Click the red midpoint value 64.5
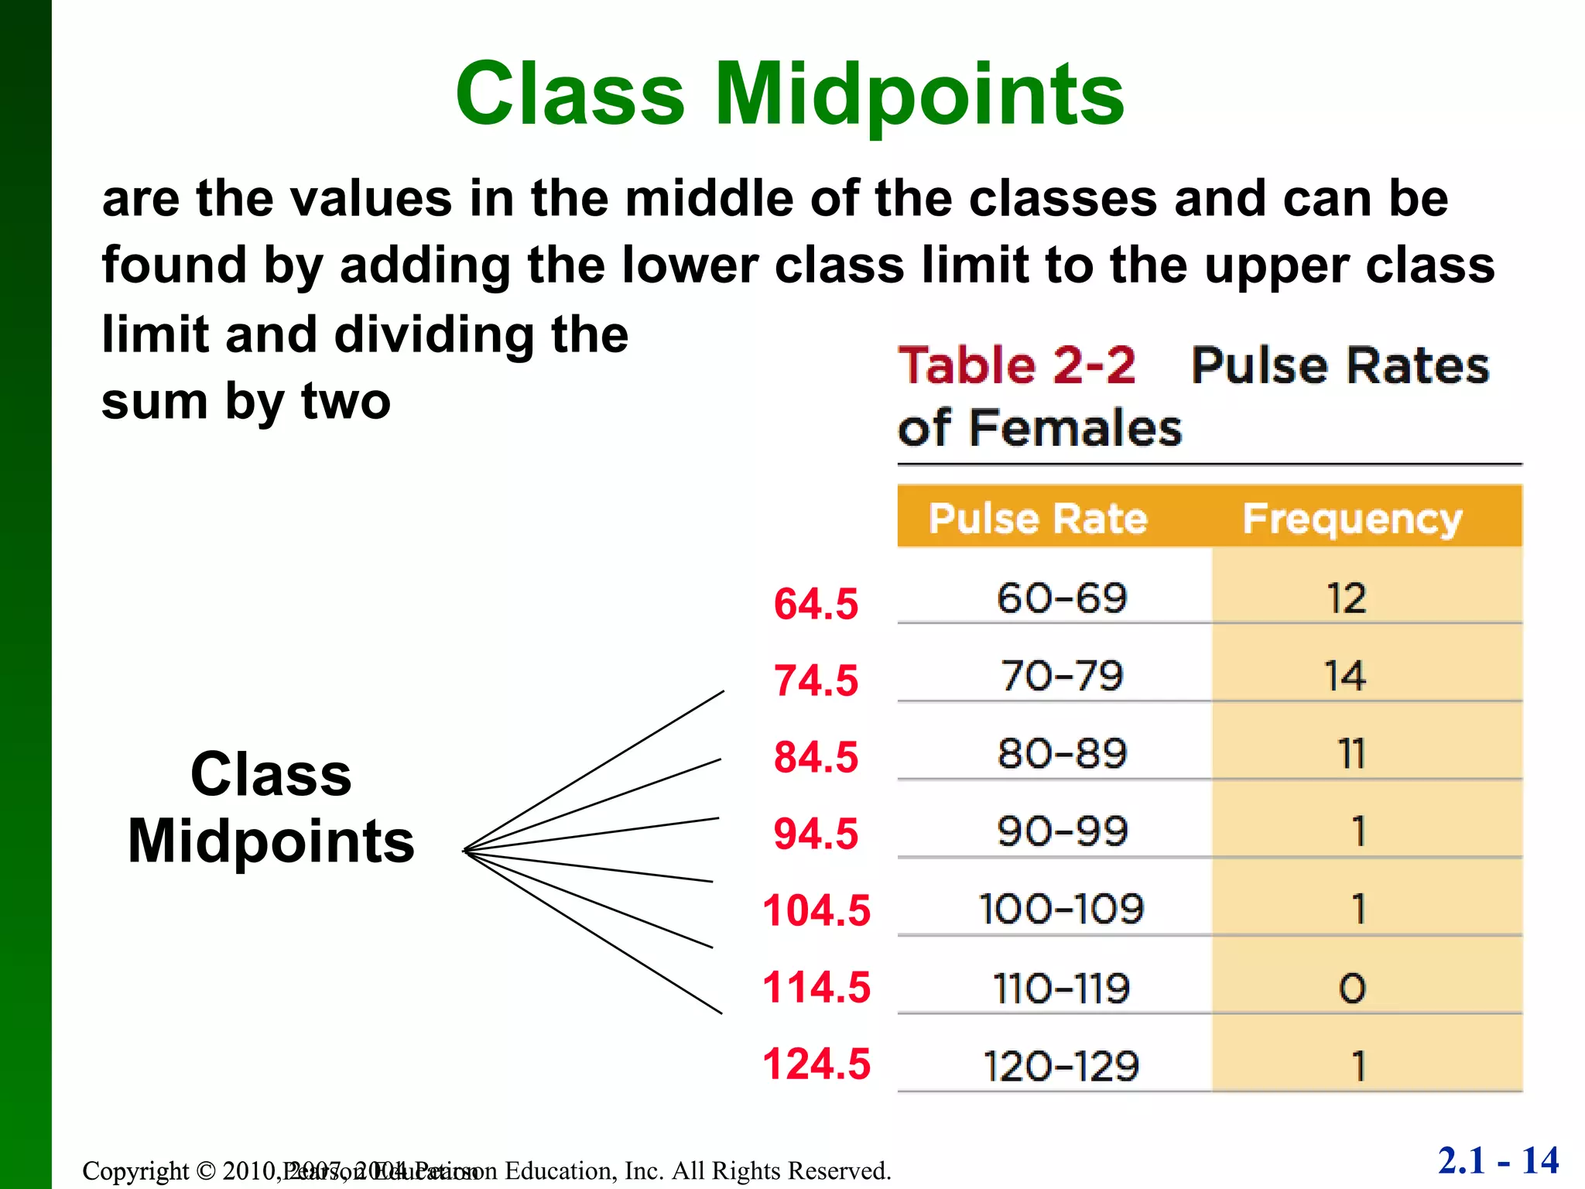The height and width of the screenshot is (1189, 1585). coord(816,604)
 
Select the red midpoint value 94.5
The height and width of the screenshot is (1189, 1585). coord(816,834)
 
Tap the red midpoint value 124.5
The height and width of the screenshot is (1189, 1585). coord(816,1064)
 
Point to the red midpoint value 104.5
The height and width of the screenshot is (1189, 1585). coord(816,910)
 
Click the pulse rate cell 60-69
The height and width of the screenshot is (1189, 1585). coord(1061,598)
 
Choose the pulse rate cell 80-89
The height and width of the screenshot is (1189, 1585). coord(1061,754)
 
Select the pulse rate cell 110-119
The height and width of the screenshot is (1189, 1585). coord(1061,989)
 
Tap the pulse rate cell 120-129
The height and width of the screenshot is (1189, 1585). coord(1061,1066)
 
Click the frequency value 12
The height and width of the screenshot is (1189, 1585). coord(1347,598)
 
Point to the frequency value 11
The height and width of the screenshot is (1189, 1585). coord(1351,754)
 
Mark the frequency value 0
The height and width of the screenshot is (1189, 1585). coord(1352,989)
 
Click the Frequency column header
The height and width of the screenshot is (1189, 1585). coord(1352,519)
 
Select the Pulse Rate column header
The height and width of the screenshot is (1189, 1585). coord(1038,519)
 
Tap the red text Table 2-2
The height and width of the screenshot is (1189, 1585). coord(1016,365)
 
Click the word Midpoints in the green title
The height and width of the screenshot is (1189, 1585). coord(919,94)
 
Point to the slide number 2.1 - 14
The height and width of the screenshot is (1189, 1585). coord(1498,1160)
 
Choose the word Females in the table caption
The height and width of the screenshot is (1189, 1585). coord(1075,428)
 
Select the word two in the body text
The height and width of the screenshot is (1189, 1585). coord(345,402)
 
